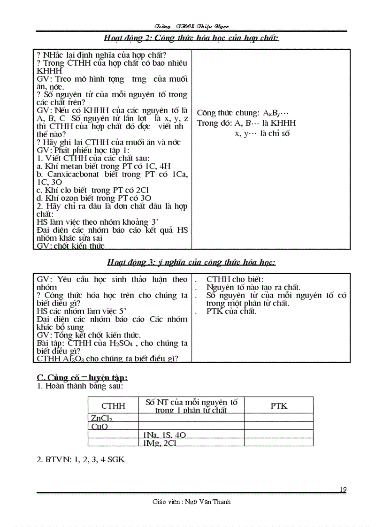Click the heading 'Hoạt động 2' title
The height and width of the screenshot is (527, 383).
(x=191, y=38)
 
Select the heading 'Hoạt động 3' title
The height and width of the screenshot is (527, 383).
(x=191, y=262)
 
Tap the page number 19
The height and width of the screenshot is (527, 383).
(x=343, y=490)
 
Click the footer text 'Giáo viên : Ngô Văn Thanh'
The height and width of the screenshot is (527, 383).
(x=191, y=502)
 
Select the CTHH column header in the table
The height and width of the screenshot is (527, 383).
(x=113, y=406)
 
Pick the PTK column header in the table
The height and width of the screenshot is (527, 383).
(x=279, y=406)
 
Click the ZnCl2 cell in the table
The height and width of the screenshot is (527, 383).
(x=102, y=418)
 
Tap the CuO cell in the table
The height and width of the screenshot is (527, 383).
(x=100, y=427)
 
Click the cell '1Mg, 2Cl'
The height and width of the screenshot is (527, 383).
(x=160, y=443)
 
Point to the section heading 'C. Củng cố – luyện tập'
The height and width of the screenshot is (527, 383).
(x=82, y=377)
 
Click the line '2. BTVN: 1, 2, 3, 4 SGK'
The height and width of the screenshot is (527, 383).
(x=81, y=460)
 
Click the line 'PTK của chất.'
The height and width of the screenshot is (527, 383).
(x=231, y=311)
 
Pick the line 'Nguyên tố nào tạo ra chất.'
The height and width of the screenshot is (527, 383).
(x=253, y=287)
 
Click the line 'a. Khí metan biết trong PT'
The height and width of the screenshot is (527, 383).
(x=103, y=166)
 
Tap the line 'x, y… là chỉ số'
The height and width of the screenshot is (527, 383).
(x=262, y=133)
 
